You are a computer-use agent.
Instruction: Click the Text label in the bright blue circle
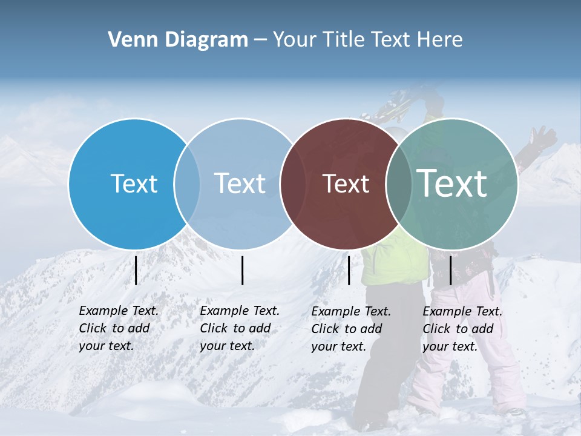(134, 183)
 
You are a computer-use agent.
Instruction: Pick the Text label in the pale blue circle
(240, 183)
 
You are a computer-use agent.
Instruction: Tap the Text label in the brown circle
(346, 183)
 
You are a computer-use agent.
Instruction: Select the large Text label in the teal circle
(451, 183)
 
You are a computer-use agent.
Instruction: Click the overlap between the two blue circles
(187, 183)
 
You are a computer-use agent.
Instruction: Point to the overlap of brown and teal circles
(399, 183)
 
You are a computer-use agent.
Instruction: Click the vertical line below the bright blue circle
(136, 270)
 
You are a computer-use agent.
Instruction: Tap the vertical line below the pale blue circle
(242, 270)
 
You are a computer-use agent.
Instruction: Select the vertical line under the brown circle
(349, 270)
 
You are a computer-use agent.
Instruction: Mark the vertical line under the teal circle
(450, 270)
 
